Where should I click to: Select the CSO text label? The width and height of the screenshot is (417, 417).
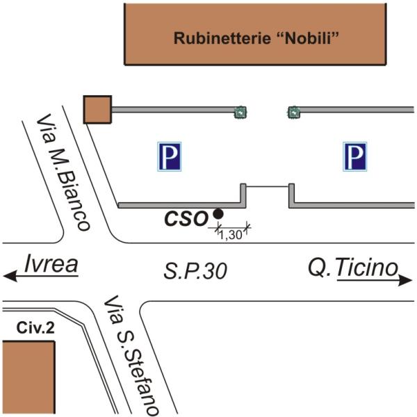tap(186, 219)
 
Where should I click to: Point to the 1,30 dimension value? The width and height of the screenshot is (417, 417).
tap(231, 235)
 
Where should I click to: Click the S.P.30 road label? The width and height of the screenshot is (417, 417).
tap(196, 271)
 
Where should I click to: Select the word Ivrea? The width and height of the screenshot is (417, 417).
tap(49, 264)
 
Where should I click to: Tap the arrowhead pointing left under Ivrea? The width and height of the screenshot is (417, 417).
tap(10, 277)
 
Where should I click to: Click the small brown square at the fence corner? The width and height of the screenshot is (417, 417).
tap(97, 110)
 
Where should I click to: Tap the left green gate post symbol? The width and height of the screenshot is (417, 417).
tap(240, 110)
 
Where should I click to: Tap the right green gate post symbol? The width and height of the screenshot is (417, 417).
tap(293, 110)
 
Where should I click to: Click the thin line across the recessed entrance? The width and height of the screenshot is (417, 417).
tap(268, 186)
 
